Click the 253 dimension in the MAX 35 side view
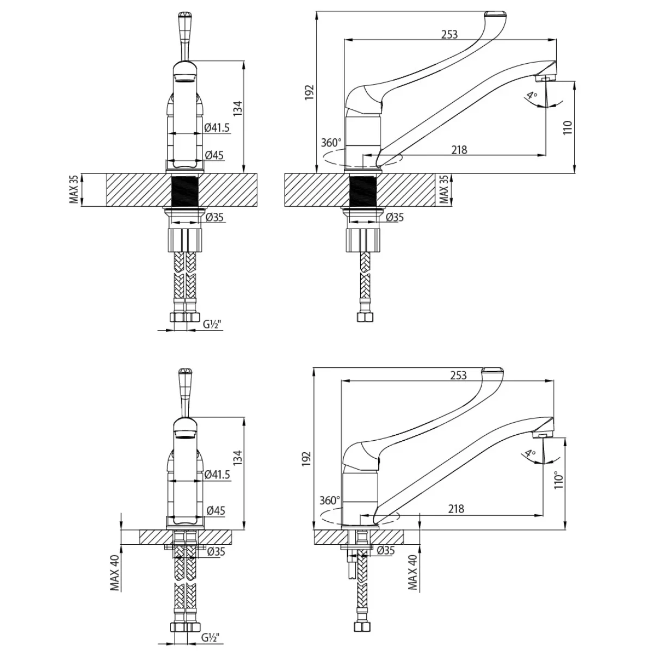[x=449, y=34]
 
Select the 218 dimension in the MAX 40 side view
[x=456, y=509]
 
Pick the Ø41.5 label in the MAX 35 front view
[x=217, y=127]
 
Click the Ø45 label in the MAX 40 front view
[x=216, y=510]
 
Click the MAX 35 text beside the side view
[x=443, y=190]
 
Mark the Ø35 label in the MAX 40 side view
[x=385, y=550]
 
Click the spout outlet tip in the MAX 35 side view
[x=546, y=79]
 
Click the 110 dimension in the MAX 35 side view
[x=568, y=128]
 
